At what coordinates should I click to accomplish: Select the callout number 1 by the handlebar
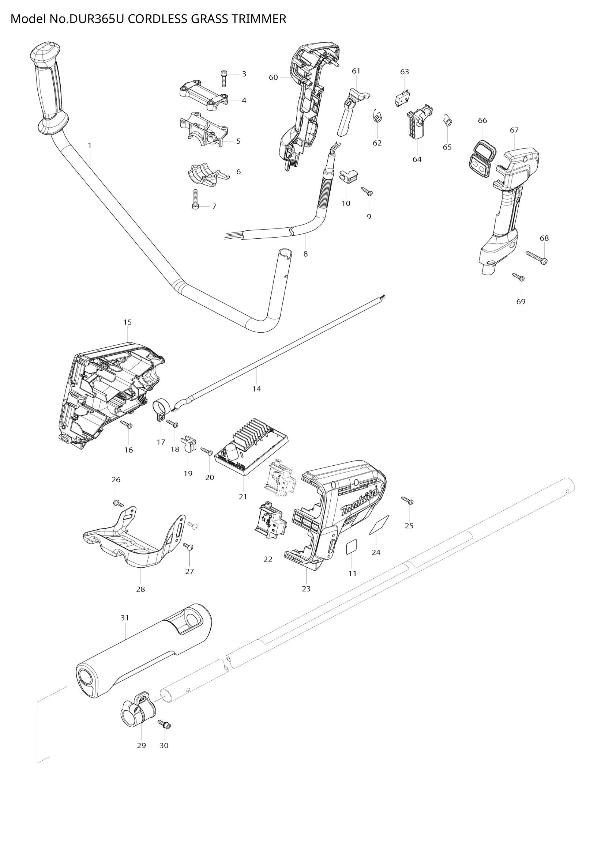89,145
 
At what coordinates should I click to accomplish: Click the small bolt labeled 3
224,79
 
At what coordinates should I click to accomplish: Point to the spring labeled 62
377,116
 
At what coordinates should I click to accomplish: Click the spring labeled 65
448,120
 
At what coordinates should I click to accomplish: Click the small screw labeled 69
518,277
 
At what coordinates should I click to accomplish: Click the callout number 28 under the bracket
140,590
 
